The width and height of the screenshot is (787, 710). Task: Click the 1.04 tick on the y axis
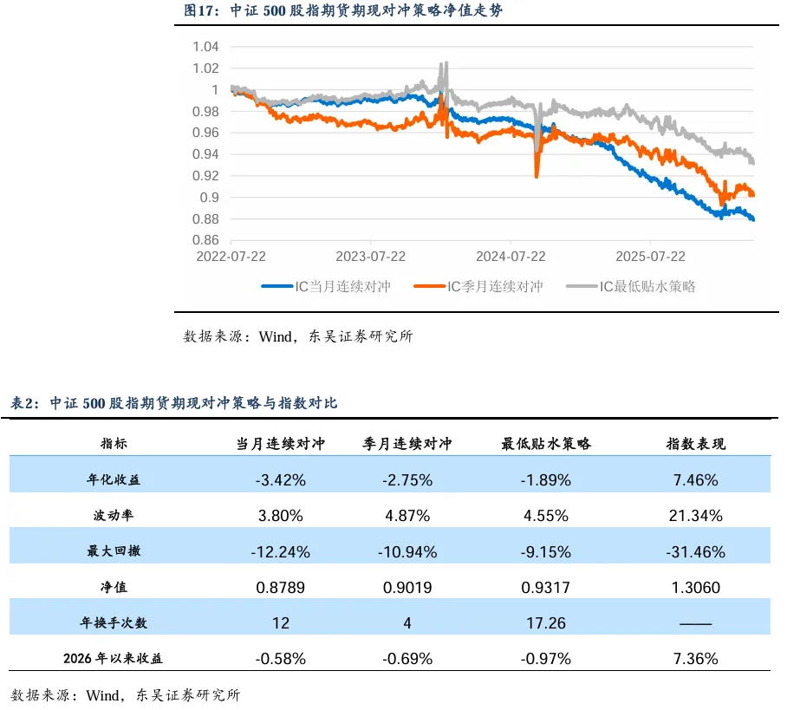coord(206,47)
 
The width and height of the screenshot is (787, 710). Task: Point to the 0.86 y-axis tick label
coord(206,240)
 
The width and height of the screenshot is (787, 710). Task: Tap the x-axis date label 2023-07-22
coord(371,257)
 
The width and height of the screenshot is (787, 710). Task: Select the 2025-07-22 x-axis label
coord(650,257)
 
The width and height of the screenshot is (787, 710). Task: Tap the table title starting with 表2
coord(173,403)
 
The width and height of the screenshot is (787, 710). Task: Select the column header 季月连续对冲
coord(407,444)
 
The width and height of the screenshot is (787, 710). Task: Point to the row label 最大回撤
coord(114,551)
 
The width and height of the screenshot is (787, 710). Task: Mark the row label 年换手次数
coord(114,622)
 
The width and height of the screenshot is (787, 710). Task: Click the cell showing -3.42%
coord(280,479)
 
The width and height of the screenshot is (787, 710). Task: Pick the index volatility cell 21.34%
coord(695,516)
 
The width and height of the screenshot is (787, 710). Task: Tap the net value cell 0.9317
coord(546,588)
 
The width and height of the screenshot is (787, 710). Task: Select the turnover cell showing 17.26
coord(546,622)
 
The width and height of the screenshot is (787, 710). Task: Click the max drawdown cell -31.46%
coord(695,551)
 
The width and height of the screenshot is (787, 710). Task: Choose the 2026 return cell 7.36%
coord(695,659)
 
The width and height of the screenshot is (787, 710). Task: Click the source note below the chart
coord(297,336)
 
